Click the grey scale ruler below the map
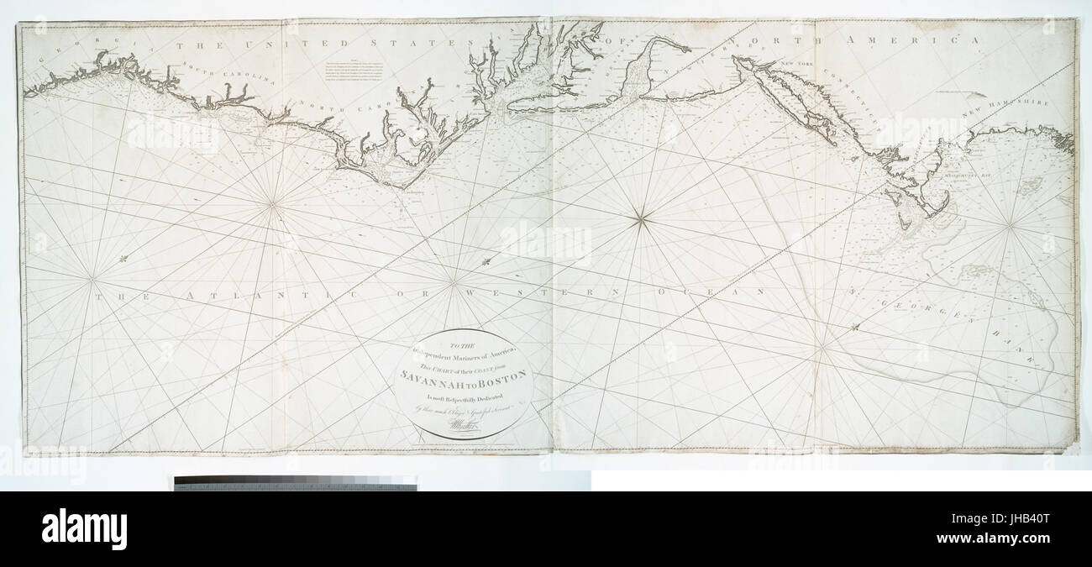pos(295,483)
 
